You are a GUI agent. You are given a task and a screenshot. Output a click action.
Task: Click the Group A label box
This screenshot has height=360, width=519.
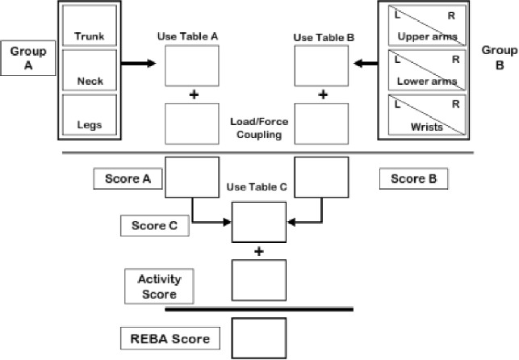22,58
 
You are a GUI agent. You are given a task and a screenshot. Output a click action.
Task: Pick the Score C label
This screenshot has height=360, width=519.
154,226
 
